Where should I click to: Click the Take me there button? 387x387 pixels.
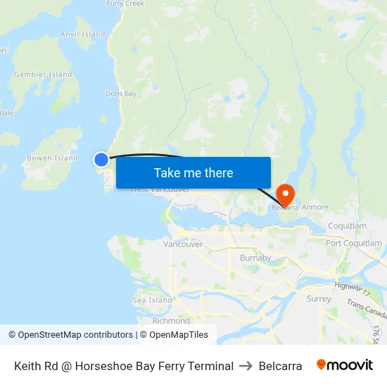pos(193,172)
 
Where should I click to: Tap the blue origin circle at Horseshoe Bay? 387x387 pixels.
pos(102,160)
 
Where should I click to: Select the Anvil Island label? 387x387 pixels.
pos(83,34)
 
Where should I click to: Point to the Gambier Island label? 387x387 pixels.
pos(43,74)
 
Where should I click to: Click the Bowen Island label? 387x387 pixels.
pos(52,158)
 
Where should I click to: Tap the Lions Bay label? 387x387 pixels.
pos(121,93)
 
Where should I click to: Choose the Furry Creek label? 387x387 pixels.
pos(125,4)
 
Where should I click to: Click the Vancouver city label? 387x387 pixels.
pos(183,244)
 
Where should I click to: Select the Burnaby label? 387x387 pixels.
pos(255,258)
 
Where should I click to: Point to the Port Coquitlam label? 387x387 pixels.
pos(354,243)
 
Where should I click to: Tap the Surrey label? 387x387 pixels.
pos(319,298)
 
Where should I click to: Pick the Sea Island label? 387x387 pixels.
pos(152,300)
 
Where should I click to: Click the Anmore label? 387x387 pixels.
pos(315,208)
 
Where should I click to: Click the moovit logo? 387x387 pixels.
pos(345,365)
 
